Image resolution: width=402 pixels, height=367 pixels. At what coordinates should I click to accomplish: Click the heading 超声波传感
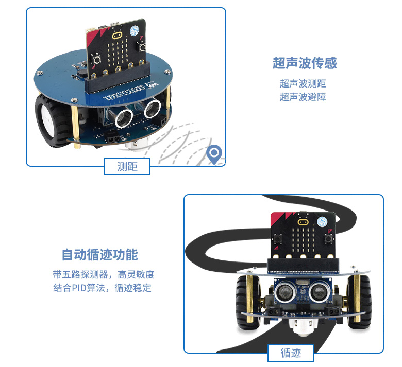click(304, 63)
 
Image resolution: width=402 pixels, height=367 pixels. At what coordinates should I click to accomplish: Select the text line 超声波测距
click(303, 83)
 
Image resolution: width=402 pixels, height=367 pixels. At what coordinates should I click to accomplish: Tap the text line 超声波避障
click(303, 96)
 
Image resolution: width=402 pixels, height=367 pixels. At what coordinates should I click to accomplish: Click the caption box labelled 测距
click(127, 166)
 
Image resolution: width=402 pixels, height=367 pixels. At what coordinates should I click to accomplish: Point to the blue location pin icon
click(213, 153)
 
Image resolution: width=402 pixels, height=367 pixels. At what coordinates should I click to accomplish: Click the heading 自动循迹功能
click(100, 255)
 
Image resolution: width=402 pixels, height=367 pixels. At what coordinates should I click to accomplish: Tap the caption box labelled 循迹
click(291, 353)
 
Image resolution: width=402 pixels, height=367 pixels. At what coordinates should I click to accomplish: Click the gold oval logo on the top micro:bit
click(117, 38)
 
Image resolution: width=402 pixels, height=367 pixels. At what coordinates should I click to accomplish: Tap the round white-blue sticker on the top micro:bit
click(138, 30)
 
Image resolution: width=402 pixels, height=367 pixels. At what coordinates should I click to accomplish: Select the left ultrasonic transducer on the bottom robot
click(284, 292)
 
